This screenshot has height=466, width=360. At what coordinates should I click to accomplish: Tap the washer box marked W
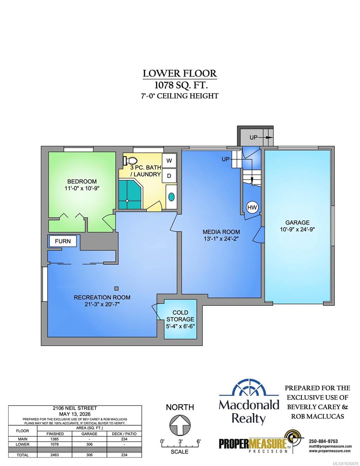click(x=169, y=160)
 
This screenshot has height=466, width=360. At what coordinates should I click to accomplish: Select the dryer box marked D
click(x=169, y=176)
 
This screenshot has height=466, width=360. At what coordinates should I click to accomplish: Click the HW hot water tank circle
click(x=252, y=207)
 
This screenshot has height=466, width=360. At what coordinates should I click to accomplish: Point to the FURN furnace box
click(x=63, y=241)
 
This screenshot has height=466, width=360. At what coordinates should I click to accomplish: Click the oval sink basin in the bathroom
click(x=171, y=197)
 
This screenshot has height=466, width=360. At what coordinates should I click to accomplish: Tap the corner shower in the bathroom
click(x=130, y=194)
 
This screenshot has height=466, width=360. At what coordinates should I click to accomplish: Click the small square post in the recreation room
click(x=116, y=289)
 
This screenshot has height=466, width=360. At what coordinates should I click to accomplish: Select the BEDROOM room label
click(x=82, y=181)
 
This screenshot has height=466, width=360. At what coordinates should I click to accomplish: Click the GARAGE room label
click(x=297, y=223)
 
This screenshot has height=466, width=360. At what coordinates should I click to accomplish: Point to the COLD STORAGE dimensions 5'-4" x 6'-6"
click(x=180, y=326)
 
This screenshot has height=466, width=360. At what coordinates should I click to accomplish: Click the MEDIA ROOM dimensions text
click(x=221, y=239)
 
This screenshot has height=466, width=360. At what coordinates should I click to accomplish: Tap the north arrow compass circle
click(x=180, y=425)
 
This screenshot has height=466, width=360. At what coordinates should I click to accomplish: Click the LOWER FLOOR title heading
click(x=180, y=73)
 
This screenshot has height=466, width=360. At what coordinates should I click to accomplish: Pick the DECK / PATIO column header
click(x=124, y=434)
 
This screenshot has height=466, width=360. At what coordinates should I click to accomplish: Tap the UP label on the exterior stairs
click(x=253, y=137)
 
